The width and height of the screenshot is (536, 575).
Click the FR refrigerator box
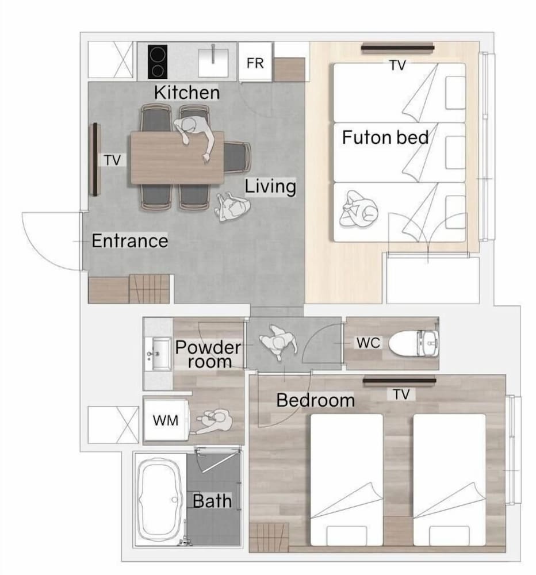(x=255, y=62)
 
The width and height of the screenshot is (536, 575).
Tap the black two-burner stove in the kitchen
(x=158, y=62)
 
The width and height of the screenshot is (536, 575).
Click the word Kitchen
(x=187, y=93)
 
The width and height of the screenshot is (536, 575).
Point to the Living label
(x=270, y=186)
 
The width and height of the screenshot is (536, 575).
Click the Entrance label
(x=130, y=240)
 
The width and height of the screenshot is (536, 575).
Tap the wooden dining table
(x=177, y=158)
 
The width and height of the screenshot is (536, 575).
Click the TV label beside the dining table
(x=113, y=160)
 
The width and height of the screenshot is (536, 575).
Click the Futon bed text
(x=385, y=137)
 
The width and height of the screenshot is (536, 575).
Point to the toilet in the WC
(x=414, y=343)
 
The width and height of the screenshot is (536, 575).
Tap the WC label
(x=368, y=343)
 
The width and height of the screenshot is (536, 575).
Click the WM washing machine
(x=166, y=420)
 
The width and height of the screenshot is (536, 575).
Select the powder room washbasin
(x=158, y=354)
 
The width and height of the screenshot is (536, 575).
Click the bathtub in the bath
(x=160, y=500)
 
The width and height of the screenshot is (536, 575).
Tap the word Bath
(x=212, y=501)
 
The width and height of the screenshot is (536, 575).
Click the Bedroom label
(x=316, y=400)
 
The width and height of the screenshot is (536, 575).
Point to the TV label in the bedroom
(x=401, y=394)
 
